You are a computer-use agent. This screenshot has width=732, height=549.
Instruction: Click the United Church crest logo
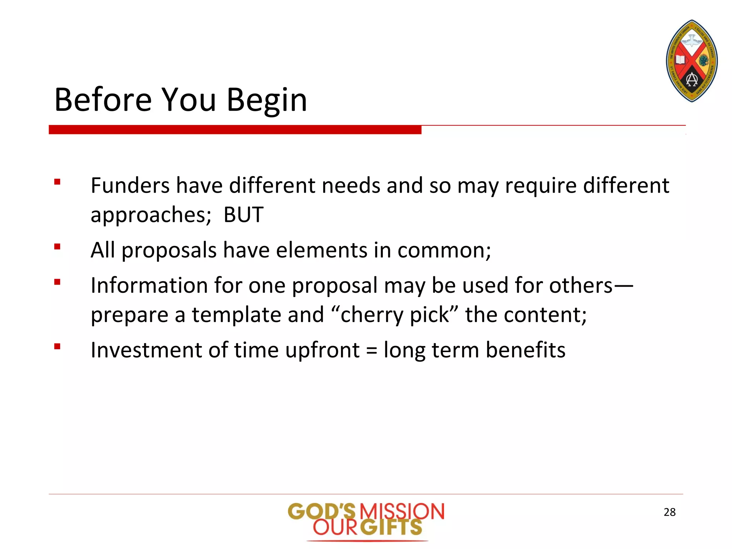[692, 61]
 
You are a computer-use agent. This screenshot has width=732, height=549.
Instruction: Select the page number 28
[669, 512]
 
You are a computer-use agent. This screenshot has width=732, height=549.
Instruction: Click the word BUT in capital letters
[243, 215]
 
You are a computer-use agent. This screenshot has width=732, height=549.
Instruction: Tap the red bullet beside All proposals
[57, 247]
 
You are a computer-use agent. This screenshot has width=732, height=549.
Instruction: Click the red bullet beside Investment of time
[57, 346]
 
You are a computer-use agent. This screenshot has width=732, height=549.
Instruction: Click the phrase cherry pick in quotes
[395, 315]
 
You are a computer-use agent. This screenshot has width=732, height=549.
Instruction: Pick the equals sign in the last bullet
[371, 351]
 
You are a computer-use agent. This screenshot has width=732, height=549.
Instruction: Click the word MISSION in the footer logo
[402, 511]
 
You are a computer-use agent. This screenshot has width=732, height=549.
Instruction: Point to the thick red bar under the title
[235, 130]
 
